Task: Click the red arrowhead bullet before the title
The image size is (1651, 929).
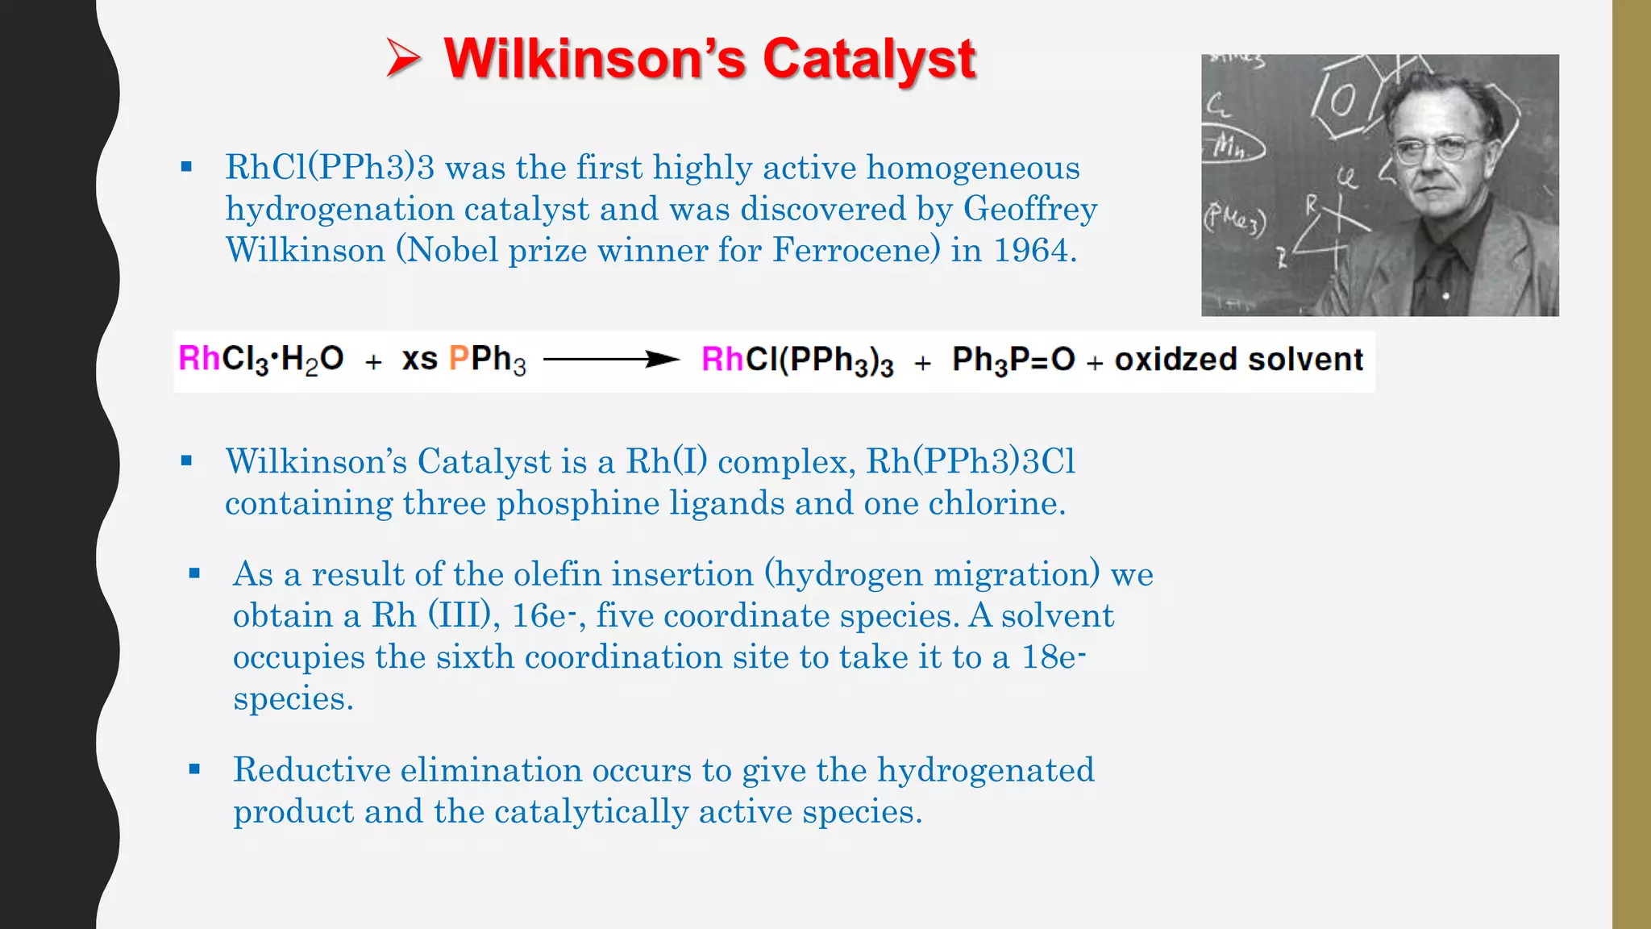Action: (x=403, y=59)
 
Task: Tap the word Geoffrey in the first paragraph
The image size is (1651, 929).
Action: (x=1029, y=209)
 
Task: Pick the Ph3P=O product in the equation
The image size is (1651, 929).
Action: (x=1013, y=360)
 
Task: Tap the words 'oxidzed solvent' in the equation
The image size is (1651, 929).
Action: (x=1238, y=360)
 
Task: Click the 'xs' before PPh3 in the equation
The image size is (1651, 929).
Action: (x=419, y=359)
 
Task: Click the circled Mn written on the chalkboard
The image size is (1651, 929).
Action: (x=1232, y=146)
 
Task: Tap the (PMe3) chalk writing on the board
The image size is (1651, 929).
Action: (x=1234, y=219)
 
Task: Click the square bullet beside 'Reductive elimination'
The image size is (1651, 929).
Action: (x=194, y=769)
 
